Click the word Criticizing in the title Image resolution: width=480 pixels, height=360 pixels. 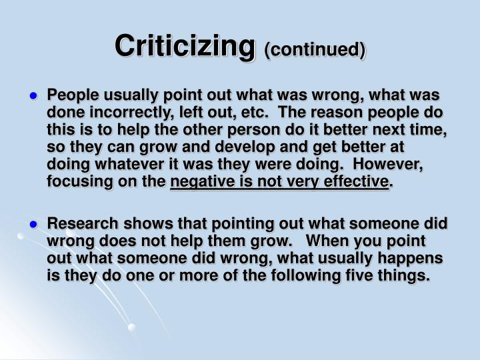click(185, 46)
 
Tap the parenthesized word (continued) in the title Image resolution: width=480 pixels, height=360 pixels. click(315, 49)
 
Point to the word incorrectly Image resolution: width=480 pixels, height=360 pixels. click(123, 114)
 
